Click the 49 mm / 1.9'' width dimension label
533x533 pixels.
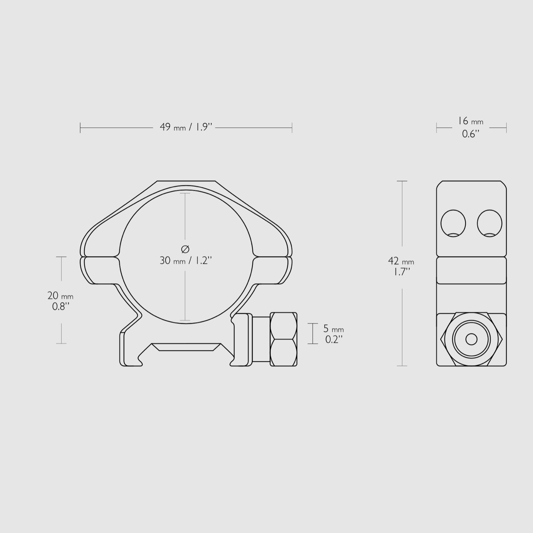click(186, 127)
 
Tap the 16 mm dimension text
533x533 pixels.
click(470, 121)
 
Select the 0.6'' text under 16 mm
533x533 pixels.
click(470, 134)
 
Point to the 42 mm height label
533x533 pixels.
click(401, 261)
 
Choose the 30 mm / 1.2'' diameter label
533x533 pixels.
click(186, 261)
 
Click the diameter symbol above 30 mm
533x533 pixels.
click(185, 249)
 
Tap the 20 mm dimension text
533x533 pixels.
click(60, 295)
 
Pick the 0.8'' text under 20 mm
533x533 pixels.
click(60, 307)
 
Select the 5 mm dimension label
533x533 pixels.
click(333, 329)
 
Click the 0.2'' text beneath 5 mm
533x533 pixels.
click(334, 340)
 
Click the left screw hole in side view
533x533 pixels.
click(453, 223)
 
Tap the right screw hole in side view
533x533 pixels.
click(489, 223)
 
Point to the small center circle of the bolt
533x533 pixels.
click(471, 339)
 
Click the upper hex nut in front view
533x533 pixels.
click(283, 325)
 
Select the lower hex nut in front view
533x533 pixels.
click(283, 352)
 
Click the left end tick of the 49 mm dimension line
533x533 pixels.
click(80, 128)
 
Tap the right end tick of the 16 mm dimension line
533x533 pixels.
click(506, 128)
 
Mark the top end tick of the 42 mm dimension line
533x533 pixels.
click(402, 181)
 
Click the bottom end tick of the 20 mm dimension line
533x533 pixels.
click(61, 343)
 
